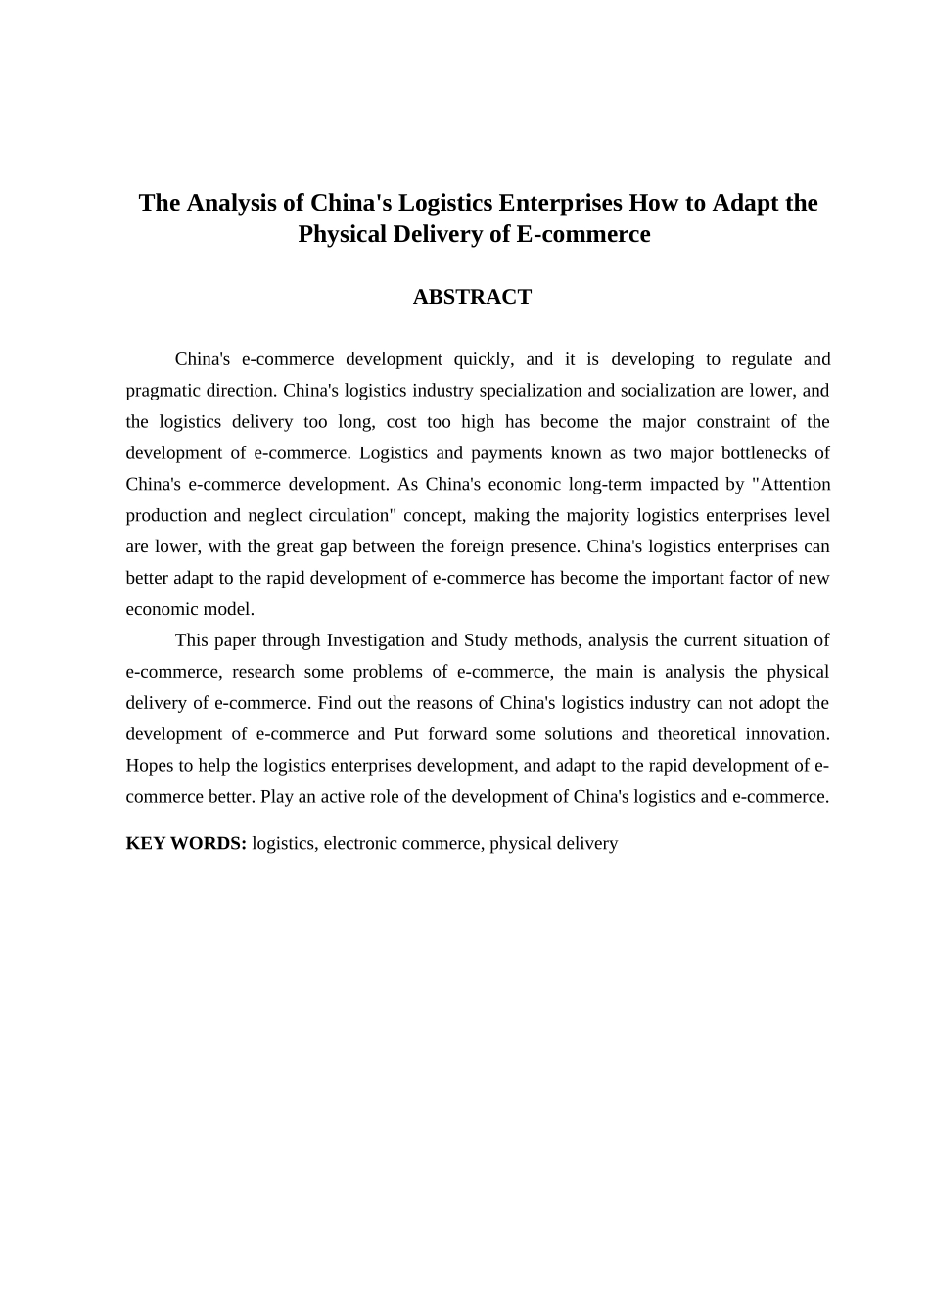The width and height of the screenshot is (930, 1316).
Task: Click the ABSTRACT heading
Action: pos(472,297)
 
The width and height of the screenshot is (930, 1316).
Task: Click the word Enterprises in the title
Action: pos(560,203)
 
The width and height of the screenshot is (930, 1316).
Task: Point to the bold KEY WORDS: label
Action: pos(186,843)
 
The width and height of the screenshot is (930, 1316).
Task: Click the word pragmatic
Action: pos(163,391)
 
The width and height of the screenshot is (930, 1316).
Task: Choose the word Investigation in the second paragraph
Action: pos(376,640)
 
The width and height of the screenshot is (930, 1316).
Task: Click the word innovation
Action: pos(786,734)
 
